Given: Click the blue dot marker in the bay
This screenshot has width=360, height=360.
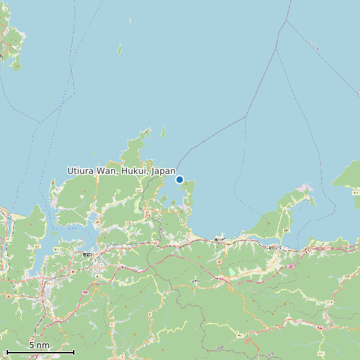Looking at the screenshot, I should click(x=179, y=179).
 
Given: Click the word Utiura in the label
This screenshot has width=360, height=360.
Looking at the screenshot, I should click(x=81, y=171).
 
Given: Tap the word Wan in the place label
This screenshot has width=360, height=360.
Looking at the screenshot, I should click(x=108, y=171).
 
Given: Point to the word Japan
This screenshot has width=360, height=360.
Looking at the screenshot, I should click(x=163, y=171).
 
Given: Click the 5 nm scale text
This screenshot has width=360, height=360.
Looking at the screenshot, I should click(x=39, y=345).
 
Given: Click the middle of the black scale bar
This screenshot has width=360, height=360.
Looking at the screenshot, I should click(x=40, y=352).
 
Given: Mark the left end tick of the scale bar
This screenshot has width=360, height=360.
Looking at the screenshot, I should click(x=6, y=352).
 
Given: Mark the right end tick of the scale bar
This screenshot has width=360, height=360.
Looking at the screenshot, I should click(x=74, y=352).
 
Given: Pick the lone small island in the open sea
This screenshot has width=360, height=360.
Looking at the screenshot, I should click(x=120, y=50).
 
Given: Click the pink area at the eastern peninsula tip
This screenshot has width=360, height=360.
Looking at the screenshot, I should click(x=305, y=189).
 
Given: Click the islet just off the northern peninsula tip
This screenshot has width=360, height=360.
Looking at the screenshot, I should click(x=163, y=132).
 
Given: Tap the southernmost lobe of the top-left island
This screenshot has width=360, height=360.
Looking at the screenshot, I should click(x=17, y=66).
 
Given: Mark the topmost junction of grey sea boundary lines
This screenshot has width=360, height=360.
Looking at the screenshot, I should click(x=286, y=21).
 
